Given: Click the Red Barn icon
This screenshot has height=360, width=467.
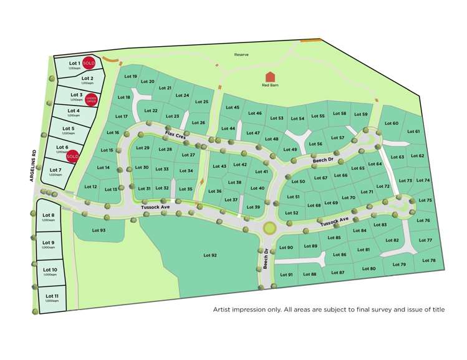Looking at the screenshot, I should tap(270, 77).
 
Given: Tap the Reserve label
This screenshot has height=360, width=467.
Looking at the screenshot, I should tap(241, 55).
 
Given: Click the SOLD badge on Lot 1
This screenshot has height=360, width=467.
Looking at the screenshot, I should tap(89, 63).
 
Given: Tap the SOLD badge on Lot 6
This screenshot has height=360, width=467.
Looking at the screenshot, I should tap(72, 155).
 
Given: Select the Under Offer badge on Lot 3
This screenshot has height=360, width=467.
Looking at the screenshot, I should tap(92, 99).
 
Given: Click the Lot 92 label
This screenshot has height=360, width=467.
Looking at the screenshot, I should tap(210, 255).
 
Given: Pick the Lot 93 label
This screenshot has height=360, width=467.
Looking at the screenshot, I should tap(99, 231).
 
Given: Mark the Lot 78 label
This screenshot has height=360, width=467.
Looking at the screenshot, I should tap(428, 260).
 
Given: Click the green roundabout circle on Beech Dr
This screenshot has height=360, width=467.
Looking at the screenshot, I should tap(269, 228).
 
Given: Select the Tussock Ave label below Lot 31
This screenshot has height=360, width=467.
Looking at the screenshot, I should tap(155, 207).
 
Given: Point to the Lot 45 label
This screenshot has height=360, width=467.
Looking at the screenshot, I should tap(233, 108).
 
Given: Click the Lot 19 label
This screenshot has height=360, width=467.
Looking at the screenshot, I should tap(130, 76).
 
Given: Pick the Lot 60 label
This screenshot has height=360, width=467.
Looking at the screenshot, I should tap(392, 123).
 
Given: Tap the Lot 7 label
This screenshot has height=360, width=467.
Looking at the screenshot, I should tap(55, 170).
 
